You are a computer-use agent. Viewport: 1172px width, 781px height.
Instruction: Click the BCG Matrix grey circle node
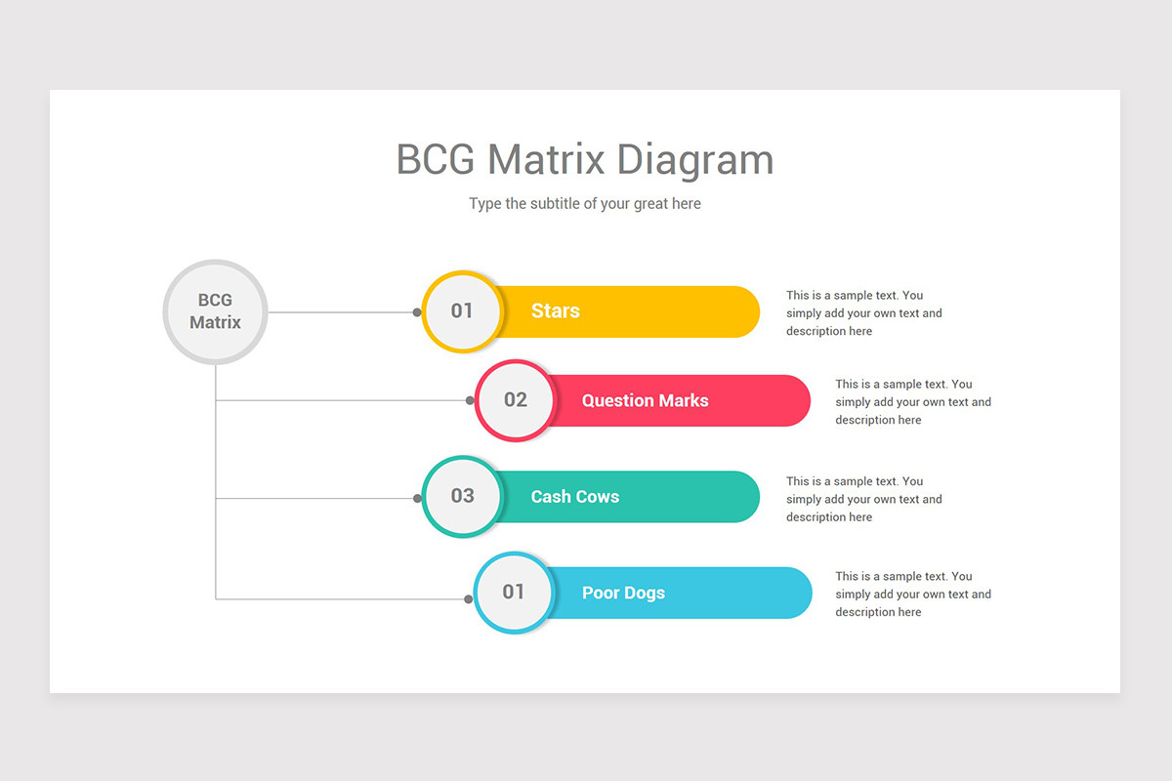pyautogui.click(x=215, y=311)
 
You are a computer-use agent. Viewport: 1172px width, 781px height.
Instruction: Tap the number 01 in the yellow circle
pyautogui.click(x=462, y=310)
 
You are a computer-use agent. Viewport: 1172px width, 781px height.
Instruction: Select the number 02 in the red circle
pyautogui.click(x=515, y=399)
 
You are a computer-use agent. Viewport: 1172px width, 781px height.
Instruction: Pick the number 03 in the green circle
pyautogui.click(x=462, y=495)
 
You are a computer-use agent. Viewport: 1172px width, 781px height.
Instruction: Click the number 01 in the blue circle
pyautogui.click(x=514, y=592)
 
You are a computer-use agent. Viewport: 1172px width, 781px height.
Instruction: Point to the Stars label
pyautogui.click(x=556, y=310)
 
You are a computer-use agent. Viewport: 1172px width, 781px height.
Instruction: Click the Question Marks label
pyautogui.click(x=645, y=400)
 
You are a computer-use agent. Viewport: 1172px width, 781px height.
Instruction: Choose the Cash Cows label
pyautogui.click(x=574, y=496)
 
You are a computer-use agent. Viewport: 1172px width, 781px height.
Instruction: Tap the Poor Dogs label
pyautogui.click(x=623, y=593)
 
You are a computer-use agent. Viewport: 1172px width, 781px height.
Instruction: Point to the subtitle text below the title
pyautogui.click(x=585, y=204)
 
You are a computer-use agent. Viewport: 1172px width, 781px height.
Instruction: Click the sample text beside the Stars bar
pyautogui.click(x=863, y=313)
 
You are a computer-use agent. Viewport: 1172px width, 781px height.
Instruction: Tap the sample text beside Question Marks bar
pyautogui.click(x=912, y=402)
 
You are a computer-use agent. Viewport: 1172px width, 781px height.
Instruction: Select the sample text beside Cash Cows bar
pyautogui.click(x=863, y=499)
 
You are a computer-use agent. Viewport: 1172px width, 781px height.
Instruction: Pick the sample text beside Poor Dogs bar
pyautogui.click(x=912, y=595)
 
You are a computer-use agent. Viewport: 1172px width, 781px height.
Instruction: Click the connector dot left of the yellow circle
pyautogui.click(x=417, y=312)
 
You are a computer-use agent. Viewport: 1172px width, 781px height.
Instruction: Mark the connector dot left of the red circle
pyautogui.click(x=470, y=400)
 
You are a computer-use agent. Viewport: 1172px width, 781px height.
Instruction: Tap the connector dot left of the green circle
pyautogui.click(x=417, y=498)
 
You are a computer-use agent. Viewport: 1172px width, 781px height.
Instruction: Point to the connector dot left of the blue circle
pyautogui.click(x=470, y=598)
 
